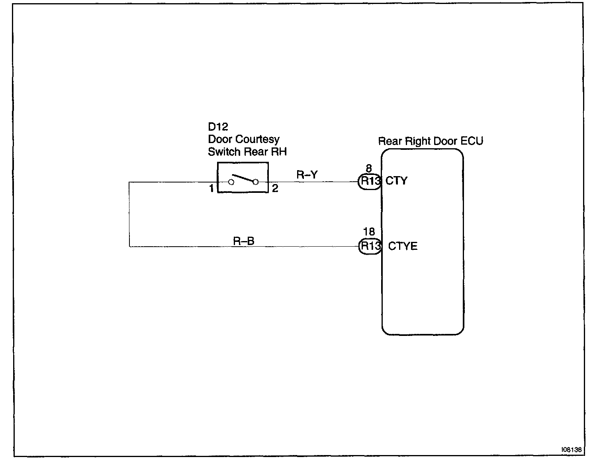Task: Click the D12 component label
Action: pos(218,127)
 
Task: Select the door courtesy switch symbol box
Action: pos(243,178)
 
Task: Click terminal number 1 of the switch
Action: pos(211,188)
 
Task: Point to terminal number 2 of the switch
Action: pos(275,188)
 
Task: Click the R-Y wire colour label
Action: pos(307,175)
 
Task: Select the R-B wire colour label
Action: pos(244,241)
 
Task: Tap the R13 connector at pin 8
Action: pos(370,181)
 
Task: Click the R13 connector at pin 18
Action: pos(370,246)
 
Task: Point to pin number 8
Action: pos(369,169)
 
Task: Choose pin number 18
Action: pos(369,232)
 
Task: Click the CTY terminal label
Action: pos(397,181)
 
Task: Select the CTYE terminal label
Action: pos(403,246)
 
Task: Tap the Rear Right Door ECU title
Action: pos(430,141)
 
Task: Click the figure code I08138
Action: pos(572,449)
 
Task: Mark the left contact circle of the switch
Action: pos(231,182)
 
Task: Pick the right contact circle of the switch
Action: pos(256,182)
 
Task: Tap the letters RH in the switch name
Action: pos(279,152)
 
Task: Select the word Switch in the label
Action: pos(224,152)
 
